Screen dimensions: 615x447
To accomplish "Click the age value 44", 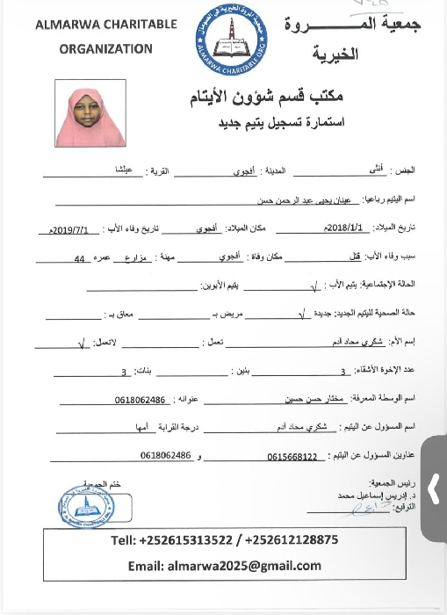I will point(80,259).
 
